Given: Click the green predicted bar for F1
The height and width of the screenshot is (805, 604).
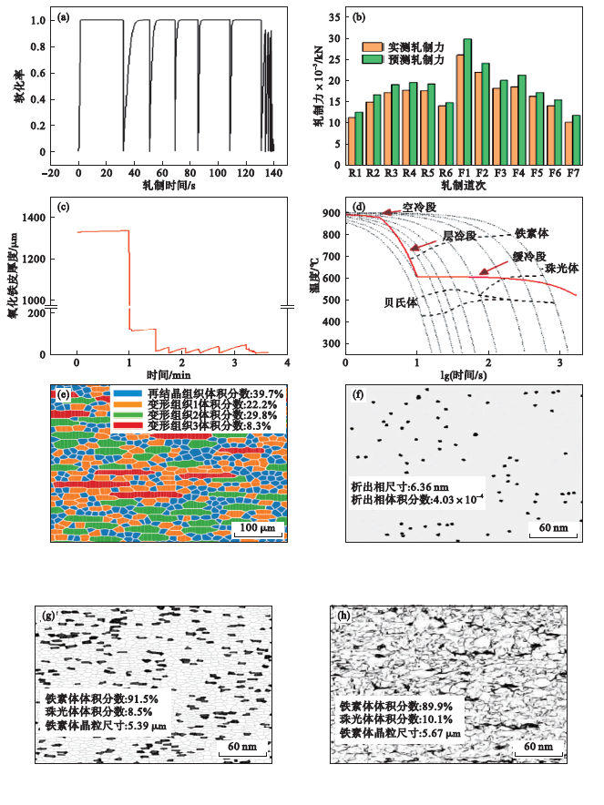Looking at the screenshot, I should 466,97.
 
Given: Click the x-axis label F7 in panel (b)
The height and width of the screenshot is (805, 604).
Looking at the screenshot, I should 571,170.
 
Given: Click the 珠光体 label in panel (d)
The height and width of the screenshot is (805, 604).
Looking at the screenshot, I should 557,269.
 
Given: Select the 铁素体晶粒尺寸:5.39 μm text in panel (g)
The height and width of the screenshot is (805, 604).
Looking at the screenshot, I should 106,726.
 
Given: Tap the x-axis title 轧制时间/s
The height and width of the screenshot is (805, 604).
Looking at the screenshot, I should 167,185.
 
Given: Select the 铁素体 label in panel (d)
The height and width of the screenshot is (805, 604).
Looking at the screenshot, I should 532,232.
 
